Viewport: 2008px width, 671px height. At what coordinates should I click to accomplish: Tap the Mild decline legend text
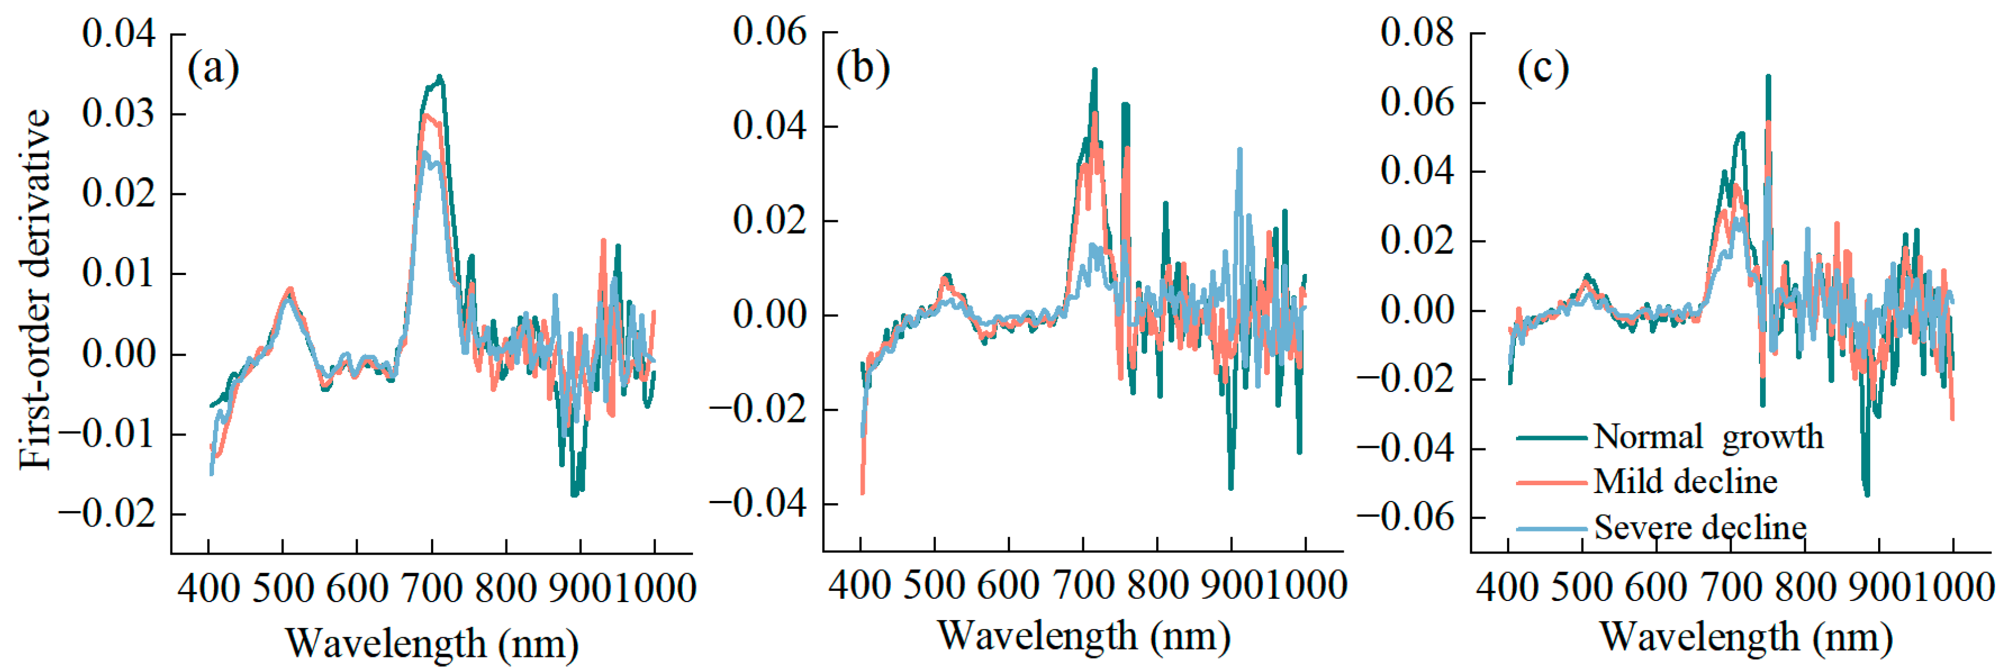(1685, 482)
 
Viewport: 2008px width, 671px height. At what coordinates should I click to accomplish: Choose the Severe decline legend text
(1700, 528)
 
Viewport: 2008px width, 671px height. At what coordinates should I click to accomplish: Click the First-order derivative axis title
(35, 289)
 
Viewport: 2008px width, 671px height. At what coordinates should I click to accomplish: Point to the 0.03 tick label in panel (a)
(119, 114)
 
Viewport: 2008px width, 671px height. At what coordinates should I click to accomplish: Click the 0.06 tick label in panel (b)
(769, 32)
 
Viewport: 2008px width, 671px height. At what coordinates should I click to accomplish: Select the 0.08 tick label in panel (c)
(1417, 33)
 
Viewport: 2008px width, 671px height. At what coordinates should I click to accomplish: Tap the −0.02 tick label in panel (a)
(107, 513)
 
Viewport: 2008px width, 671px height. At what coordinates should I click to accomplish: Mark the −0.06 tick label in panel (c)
(1405, 517)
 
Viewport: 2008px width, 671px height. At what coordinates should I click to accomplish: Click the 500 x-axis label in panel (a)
(282, 589)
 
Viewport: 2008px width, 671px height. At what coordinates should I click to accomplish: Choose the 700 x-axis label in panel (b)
(1083, 585)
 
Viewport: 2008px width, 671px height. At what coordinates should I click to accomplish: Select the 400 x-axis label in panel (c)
(1507, 587)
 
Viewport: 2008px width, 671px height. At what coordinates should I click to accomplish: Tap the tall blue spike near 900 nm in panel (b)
(1239, 150)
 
